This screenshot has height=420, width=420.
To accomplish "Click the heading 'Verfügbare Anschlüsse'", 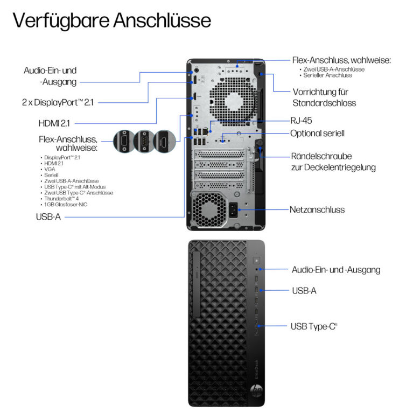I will tap(111, 20).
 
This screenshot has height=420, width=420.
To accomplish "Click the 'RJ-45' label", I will tap(302, 121).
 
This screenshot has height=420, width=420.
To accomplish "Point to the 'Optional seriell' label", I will tap(317, 133).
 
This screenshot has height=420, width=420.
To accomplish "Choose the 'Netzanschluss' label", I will tap(317, 209).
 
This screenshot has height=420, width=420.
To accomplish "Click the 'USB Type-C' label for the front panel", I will tap(314, 326).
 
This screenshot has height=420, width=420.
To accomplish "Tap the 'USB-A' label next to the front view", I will tap(304, 290).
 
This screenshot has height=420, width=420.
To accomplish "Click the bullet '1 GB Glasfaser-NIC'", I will tap(66, 204).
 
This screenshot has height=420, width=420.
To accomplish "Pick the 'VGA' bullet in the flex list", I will tap(50, 169).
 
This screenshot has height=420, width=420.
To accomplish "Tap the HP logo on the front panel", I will tap(256, 388).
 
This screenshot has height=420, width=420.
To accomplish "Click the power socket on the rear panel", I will tap(233, 209).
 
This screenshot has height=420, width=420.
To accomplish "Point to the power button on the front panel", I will tap(256, 260).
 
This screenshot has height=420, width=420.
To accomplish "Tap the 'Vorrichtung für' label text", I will tap(321, 92).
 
